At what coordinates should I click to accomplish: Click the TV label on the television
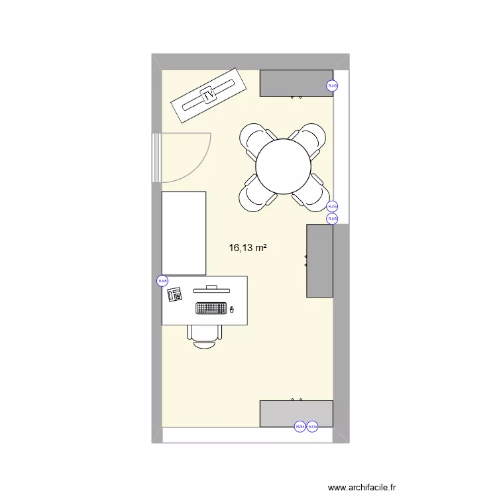[209, 97]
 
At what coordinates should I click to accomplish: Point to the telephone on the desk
[176, 294]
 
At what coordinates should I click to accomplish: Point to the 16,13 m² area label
[248, 248]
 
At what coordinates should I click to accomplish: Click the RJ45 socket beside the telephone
[162, 281]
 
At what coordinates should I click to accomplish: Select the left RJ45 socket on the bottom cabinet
[299, 427]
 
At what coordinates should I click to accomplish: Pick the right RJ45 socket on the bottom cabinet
[313, 427]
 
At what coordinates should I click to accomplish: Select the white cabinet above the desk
[184, 233]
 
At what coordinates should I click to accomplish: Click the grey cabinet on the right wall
[319, 260]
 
